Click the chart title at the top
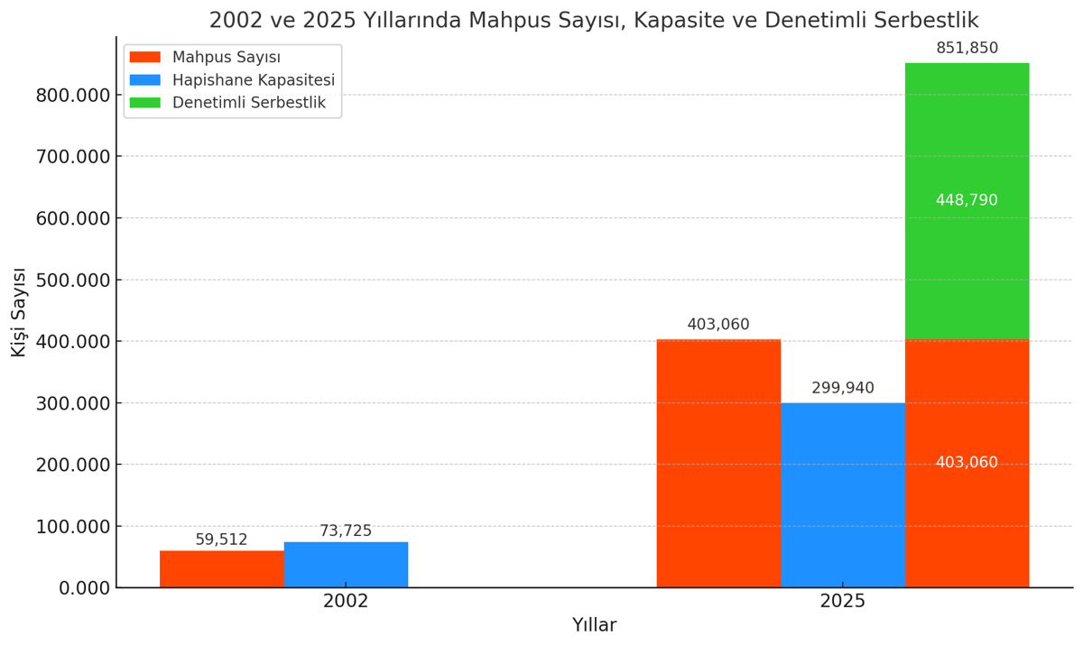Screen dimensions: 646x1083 593,20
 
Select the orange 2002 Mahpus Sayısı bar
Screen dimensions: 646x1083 222,568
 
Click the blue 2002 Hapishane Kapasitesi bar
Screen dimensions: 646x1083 346,565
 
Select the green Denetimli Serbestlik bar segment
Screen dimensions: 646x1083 967,271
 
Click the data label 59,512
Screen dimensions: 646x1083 221,540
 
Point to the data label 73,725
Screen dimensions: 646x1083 346,531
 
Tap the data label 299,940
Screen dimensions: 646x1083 842,388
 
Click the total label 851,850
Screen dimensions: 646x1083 967,49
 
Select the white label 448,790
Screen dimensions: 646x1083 967,200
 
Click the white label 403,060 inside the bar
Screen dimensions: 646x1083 967,463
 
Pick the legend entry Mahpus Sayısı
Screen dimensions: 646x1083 226,58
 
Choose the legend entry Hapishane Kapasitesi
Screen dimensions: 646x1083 253,80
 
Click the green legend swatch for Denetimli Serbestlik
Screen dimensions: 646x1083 144,103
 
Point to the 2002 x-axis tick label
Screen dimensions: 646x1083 346,601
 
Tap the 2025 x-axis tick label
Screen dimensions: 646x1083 842,601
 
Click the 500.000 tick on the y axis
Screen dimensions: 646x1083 72,280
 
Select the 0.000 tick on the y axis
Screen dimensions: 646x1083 84,588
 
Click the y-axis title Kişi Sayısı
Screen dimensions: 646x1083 19,312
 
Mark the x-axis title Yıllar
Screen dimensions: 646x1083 594,625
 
